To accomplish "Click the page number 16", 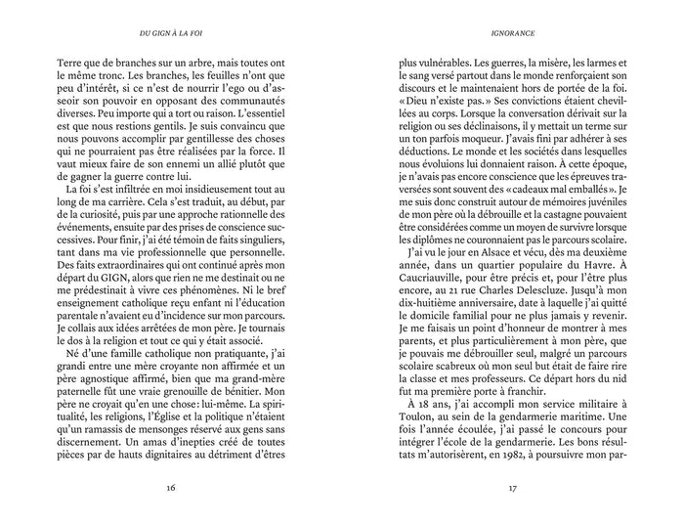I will [171, 489].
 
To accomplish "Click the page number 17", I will [512, 489].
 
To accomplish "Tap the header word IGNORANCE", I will [513, 31].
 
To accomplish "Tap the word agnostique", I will [107, 348].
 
